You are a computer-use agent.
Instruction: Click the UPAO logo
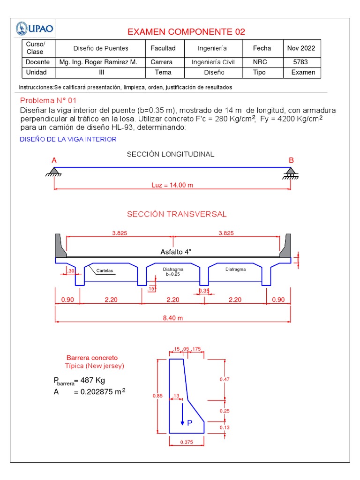tap(36, 29)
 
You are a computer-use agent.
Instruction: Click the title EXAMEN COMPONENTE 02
tap(186, 32)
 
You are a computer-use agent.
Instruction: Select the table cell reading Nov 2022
tap(301, 48)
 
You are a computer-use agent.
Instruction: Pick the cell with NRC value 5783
tap(300, 62)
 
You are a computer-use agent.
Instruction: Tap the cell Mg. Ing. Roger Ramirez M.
tap(98, 62)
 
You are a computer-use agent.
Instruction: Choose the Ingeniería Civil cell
tap(213, 62)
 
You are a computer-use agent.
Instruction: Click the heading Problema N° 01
tap(48, 101)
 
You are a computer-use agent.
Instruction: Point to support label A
tap(54, 160)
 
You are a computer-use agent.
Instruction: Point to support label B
tap(291, 160)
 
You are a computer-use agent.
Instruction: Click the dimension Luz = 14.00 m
tap(172, 185)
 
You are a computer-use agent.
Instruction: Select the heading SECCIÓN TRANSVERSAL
tap(177, 214)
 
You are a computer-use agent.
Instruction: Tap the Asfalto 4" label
tap(176, 252)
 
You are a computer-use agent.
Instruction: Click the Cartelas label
tap(105, 271)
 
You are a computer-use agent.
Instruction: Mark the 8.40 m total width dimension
tap(172, 318)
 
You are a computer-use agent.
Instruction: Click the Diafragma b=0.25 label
tap(173, 272)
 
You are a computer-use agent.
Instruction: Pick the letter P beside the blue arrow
tap(190, 423)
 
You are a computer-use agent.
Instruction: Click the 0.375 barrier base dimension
tap(186, 442)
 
